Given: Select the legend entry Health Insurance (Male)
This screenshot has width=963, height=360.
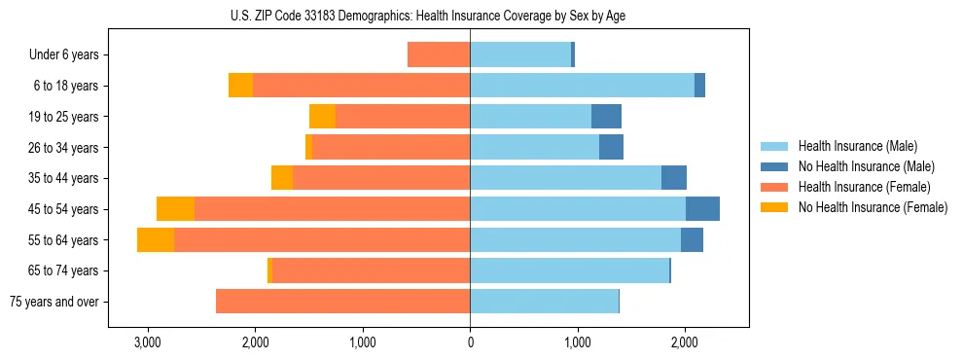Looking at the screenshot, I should coord(852,146).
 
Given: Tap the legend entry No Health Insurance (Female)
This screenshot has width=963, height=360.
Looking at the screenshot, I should coord(865,207).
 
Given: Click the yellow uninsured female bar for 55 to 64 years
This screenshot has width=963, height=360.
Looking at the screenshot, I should coord(156,240).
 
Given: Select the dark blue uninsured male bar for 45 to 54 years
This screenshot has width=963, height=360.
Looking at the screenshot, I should coord(702,209).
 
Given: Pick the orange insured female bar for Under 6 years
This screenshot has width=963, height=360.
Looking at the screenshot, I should coord(439,55).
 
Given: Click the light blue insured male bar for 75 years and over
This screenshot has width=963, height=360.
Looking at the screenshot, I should coord(544,302).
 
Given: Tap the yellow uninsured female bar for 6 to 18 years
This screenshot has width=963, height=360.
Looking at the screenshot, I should coord(240,86).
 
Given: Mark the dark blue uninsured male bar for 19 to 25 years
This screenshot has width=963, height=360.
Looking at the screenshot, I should coord(606,117).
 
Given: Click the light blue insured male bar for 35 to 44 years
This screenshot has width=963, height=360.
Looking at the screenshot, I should coord(565,178).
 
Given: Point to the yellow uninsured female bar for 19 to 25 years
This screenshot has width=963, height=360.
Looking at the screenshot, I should coord(322,117).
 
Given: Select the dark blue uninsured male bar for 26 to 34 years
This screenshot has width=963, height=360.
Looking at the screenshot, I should coord(611,148).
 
